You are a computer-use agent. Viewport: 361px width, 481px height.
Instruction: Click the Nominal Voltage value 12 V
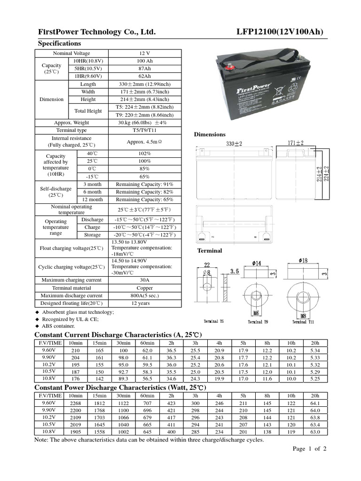(x=144, y=53)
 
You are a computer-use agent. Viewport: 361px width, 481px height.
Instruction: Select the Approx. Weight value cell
(x=144, y=123)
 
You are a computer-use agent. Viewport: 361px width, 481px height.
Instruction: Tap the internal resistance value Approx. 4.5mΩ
(x=144, y=141)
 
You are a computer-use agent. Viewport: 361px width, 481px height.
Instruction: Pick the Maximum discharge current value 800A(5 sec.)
(x=144, y=295)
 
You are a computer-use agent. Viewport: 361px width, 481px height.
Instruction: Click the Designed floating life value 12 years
(x=144, y=303)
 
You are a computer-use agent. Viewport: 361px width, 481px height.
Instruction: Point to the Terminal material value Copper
(x=144, y=288)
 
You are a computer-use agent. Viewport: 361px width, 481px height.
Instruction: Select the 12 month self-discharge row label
(x=92, y=199)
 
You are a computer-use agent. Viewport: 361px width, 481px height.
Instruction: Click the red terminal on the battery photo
(x=231, y=67)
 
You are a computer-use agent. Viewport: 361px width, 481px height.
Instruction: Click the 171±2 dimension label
(x=295, y=143)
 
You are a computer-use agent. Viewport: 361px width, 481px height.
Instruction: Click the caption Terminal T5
(x=214, y=322)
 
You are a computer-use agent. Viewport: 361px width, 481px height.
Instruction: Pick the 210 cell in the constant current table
(x=75, y=350)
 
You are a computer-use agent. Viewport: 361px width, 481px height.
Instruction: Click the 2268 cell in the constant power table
(x=75, y=403)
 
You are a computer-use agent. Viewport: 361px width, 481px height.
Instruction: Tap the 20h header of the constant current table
(x=315, y=343)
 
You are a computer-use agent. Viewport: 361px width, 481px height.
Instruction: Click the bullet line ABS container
(x=59, y=326)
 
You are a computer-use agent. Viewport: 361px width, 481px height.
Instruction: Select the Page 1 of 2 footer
(x=309, y=449)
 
